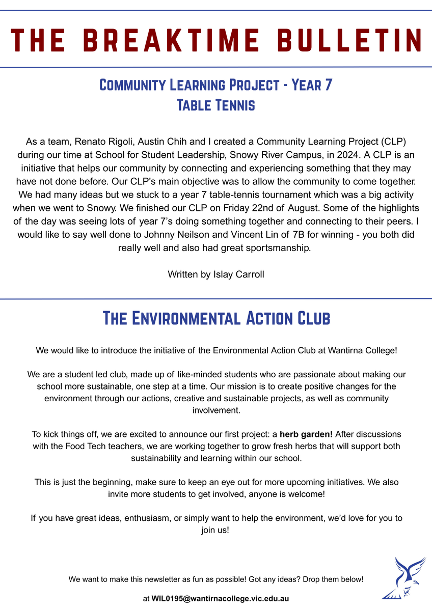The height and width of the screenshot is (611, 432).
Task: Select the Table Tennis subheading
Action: tap(215, 105)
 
